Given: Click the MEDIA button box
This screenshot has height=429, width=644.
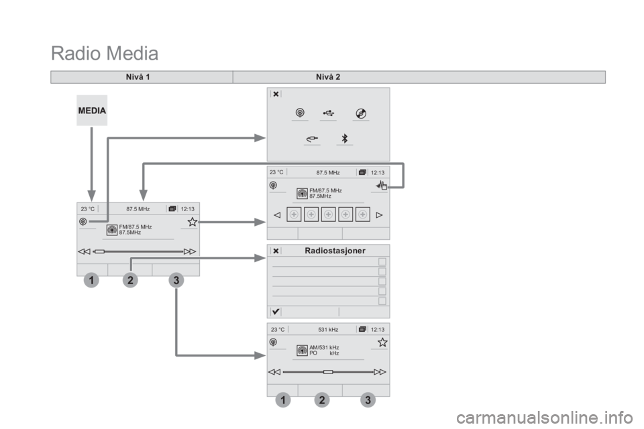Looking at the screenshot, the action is [x=92, y=111].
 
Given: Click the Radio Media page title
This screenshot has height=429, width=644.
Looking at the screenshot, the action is [x=105, y=54].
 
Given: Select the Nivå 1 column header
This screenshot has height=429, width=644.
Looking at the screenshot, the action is [x=138, y=77].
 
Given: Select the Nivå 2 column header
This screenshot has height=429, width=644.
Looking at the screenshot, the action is [x=328, y=77].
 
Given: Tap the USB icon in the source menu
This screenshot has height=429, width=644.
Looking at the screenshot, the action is [x=328, y=113].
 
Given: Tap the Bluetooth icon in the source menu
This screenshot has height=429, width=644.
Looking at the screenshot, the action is [x=345, y=138].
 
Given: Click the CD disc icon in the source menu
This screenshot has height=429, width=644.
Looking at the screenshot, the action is [x=361, y=113].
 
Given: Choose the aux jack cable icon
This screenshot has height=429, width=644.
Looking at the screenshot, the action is [x=312, y=139].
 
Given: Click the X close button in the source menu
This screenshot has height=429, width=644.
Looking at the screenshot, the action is [x=276, y=94].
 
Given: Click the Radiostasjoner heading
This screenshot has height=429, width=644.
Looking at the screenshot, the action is [x=335, y=251].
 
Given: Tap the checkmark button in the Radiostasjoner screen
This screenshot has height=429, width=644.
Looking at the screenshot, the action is [x=276, y=312].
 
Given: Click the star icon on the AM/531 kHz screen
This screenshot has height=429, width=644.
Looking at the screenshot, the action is [x=382, y=342].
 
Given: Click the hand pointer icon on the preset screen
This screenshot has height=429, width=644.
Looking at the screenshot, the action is [x=382, y=186].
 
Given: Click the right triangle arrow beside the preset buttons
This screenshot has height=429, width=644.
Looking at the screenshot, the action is [x=379, y=214].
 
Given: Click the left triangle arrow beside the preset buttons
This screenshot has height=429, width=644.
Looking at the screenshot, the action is [x=277, y=214].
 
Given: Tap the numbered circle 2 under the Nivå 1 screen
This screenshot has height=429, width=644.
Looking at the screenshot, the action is [x=130, y=280].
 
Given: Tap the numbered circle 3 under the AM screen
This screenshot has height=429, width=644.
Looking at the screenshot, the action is [x=368, y=400].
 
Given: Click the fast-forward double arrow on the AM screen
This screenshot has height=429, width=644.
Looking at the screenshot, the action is [x=380, y=372].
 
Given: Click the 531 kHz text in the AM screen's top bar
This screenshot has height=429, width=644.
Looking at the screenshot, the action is [x=328, y=329].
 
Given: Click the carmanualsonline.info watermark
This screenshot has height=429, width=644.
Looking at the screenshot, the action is [x=545, y=418].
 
